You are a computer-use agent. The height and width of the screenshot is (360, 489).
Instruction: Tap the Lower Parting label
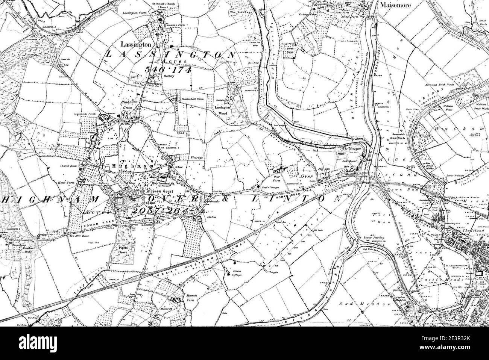(370, 238)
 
